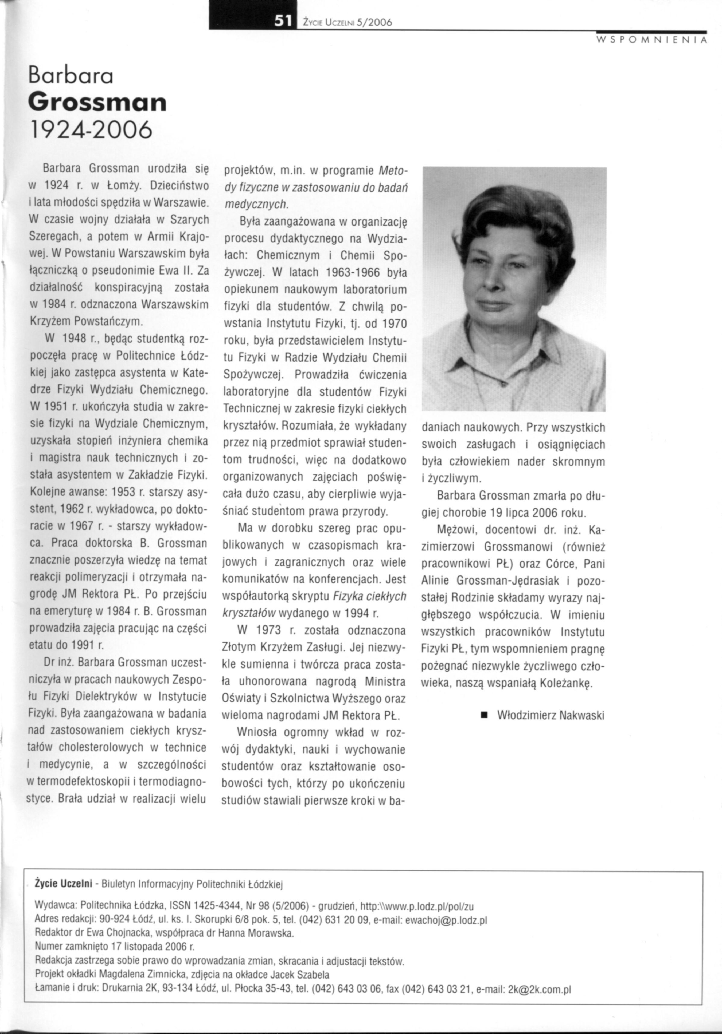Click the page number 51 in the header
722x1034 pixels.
(x=284, y=21)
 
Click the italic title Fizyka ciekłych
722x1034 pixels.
(x=369, y=596)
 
